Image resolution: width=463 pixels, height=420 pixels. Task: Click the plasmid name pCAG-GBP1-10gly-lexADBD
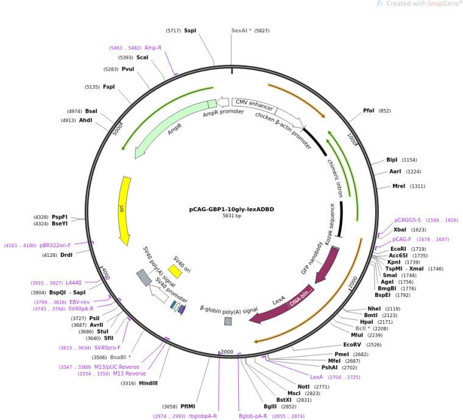tap(231, 209)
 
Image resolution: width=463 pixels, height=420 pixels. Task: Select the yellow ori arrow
tap(124, 210)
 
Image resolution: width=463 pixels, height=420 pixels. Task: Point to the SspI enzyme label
tap(190, 30)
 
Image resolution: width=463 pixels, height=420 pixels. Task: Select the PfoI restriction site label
tap(369, 111)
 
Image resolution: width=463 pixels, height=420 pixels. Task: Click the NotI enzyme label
tap(303, 387)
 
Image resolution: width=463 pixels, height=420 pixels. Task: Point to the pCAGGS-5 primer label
tap(408, 220)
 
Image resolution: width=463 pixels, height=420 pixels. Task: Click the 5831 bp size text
tap(231, 216)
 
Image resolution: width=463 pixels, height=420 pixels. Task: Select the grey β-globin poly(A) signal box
tap(228, 321)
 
